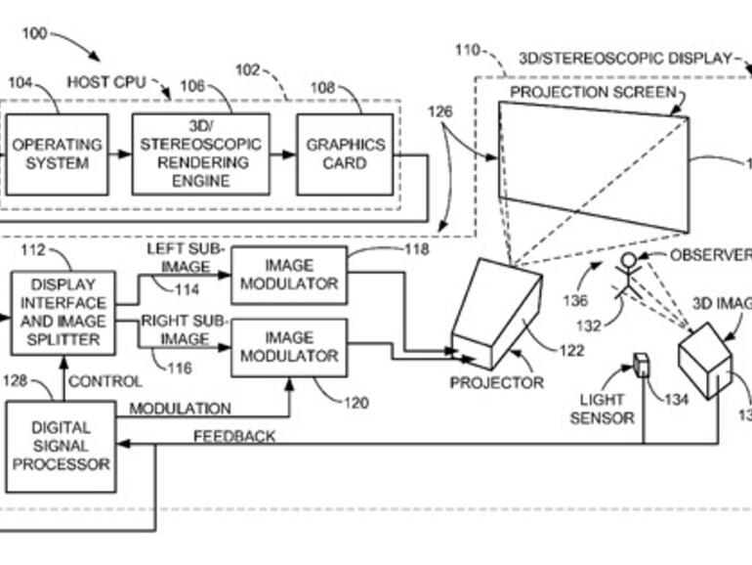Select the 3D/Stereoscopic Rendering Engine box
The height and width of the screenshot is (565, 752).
pyautogui.click(x=199, y=154)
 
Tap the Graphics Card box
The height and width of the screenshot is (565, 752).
pyautogui.click(x=345, y=154)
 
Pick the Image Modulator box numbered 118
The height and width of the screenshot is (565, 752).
pyautogui.click(x=288, y=275)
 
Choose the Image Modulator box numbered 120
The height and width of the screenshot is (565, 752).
pyautogui.click(x=288, y=347)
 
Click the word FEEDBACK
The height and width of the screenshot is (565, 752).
pyautogui.click(x=234, y=436)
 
